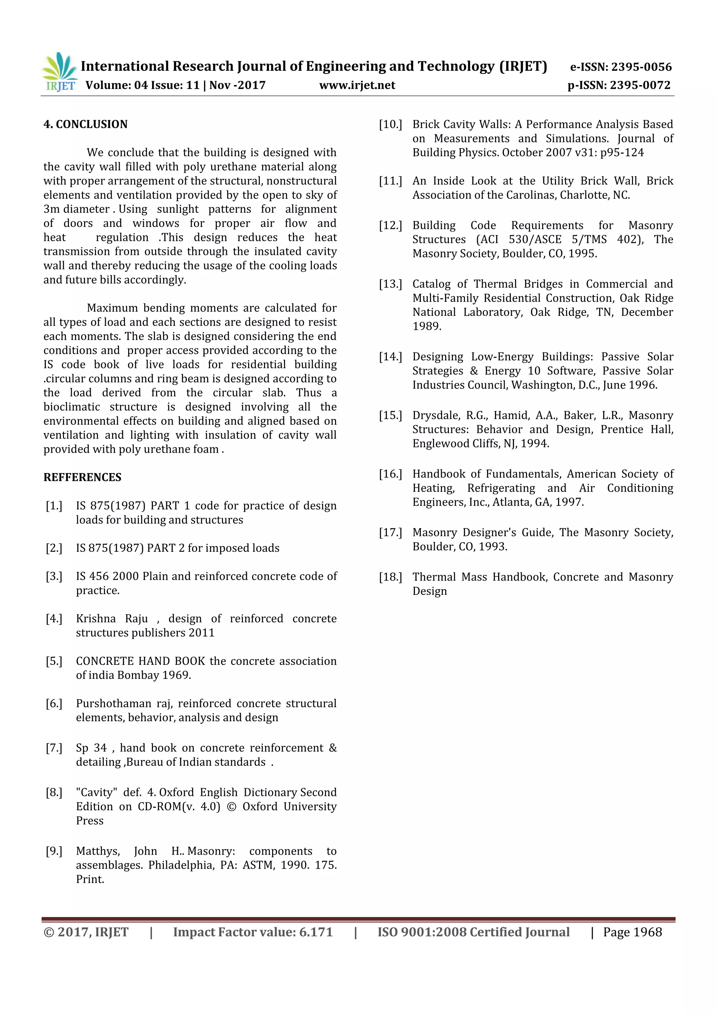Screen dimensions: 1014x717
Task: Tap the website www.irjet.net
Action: [357, 85]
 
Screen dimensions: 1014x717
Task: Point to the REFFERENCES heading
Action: [82, 477]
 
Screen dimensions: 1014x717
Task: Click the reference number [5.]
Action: [54, 661]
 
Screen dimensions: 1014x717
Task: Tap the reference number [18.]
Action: [390, 577]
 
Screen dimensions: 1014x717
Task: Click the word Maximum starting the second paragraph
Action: [112, 308]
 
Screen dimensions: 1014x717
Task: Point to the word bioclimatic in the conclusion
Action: [71, 407]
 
